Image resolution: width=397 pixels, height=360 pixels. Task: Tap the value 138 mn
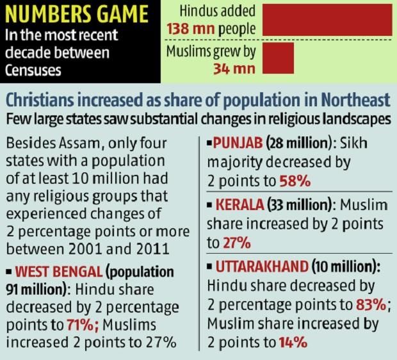pos(186,29)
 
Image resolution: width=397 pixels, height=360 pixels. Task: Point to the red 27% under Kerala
pos(237,244)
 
